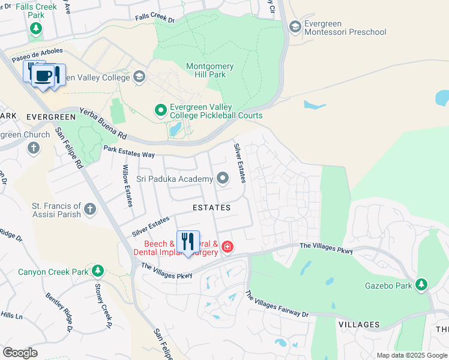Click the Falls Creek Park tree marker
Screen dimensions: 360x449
click(36, 28)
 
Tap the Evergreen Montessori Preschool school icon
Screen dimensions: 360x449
click(295, 26)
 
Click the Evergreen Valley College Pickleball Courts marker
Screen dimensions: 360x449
click(160, 110)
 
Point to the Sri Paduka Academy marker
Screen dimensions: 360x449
click(223, 178)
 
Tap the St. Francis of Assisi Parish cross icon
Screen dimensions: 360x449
click(89, 209)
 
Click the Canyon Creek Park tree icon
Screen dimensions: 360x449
click(96, 271)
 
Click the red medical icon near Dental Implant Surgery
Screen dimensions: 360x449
click(227, 247)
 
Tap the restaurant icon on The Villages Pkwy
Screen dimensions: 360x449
click(188, 241)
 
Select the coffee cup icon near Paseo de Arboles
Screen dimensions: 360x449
click(43, 76)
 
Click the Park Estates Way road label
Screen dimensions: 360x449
click(128, 151)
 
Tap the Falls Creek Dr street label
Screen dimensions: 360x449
click(154, 20)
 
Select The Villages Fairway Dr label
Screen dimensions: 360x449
click(276, 304)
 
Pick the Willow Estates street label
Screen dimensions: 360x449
click(127, 186)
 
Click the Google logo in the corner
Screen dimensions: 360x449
click(20, 353)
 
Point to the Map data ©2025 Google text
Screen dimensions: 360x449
click(411, 355)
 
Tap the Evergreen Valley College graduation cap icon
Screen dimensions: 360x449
click(139, 77)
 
